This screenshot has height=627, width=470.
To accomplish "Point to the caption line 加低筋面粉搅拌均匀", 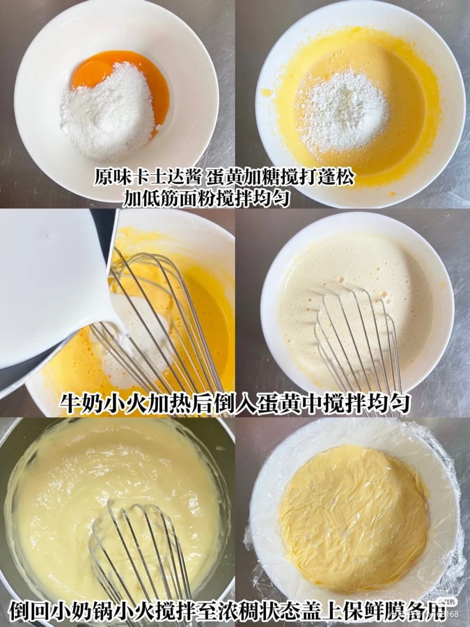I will pyautogui.click(x=207, y=198).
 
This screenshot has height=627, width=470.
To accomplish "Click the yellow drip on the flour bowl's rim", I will pyautogui.click(x=267, y=92).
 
